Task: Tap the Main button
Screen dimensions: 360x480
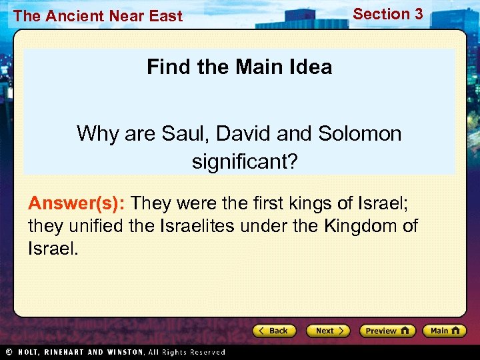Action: coord(445,331)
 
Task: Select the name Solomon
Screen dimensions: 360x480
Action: coord(359,133)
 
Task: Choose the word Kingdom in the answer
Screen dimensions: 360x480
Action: coord(360,226)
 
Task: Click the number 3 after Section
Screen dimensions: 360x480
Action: coord(417,14)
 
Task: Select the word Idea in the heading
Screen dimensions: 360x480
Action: coord(308,67)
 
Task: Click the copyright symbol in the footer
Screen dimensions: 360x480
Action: coord(8,351)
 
